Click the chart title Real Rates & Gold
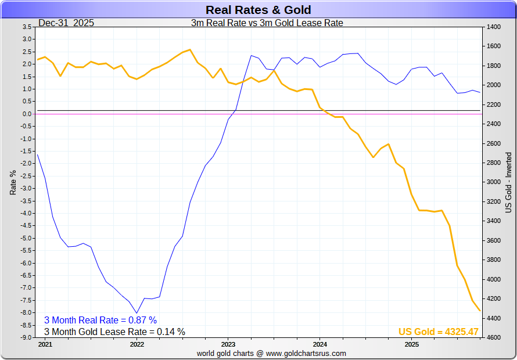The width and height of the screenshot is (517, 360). (x=258, y=10)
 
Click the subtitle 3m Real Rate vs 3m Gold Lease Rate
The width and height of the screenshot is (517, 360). (x=267, y=23)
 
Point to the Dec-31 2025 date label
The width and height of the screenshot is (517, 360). (x=66, y=23)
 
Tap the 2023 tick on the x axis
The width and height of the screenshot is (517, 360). (x=228, y=344)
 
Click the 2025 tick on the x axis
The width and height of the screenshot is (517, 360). (x=411, y=344)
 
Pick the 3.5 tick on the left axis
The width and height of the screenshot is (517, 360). (x=27, y=27)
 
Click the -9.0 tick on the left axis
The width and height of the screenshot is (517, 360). (x=26, y=337)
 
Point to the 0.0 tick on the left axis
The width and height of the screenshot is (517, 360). (x=27, y=114)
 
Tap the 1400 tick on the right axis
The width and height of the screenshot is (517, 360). (x=493, y=27)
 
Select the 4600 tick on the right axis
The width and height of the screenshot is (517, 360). (x=493, y=337)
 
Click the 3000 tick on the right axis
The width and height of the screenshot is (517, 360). (x=493, y=182)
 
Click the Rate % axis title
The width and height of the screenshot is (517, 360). (x=13, y=182)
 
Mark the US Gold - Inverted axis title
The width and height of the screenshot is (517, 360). (x=509, y=182)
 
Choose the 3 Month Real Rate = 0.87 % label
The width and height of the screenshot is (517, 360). (x=100, y=320)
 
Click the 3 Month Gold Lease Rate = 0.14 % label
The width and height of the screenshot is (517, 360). (x=114, y=332)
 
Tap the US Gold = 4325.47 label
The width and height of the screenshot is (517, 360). (x=438, y=332)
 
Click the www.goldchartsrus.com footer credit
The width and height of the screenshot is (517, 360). (x=271, y=353)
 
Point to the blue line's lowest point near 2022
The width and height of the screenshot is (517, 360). (x=137, y=313)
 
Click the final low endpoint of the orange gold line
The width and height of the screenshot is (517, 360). (x=480, y=311)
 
